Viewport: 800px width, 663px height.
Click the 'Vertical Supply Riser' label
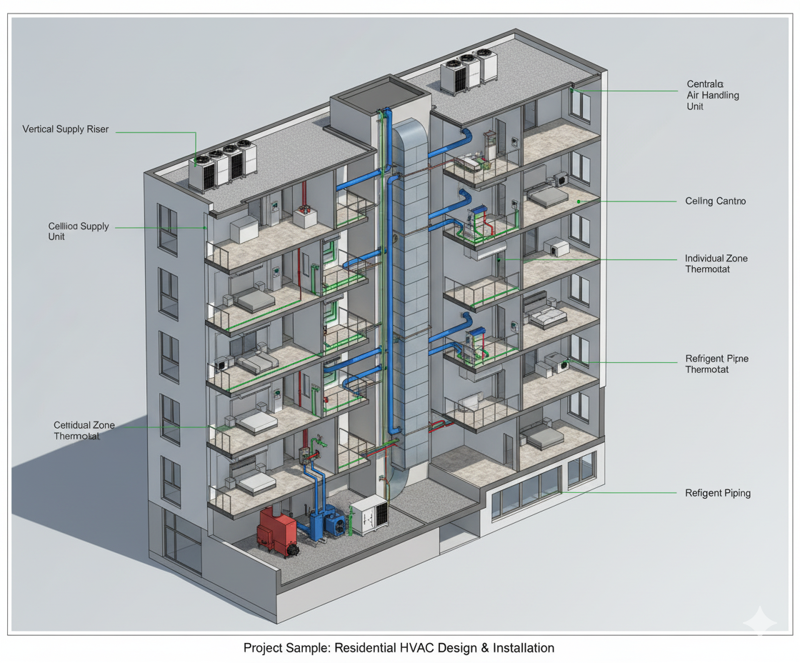(66, 130)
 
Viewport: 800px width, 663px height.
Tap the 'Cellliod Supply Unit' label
(79, 231)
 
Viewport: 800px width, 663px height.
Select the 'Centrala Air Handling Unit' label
(712, 96)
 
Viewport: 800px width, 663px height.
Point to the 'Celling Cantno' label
(715, 201)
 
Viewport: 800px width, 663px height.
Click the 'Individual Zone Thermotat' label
(716, 264)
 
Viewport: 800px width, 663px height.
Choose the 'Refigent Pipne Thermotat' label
(716, 364)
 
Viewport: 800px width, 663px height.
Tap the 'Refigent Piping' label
(718, 493)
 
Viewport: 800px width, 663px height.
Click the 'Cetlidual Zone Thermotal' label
(84, 430)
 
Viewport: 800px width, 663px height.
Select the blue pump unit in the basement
(332, 521)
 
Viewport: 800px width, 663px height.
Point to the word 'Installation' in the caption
(523, 648)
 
